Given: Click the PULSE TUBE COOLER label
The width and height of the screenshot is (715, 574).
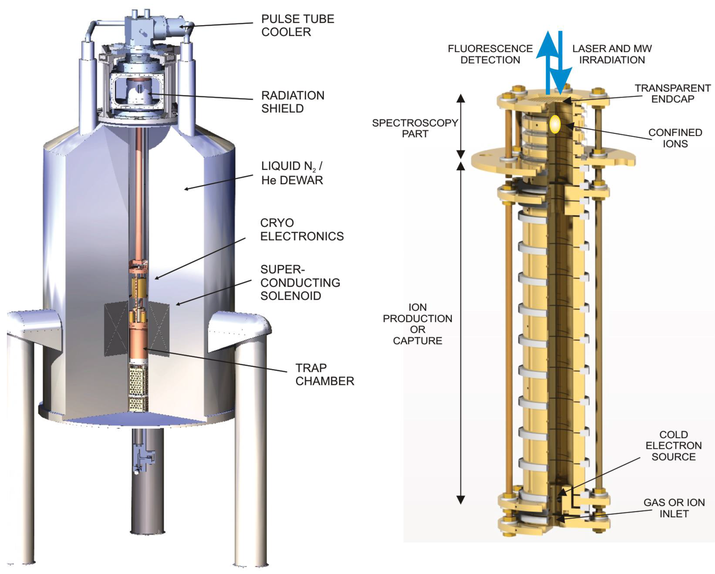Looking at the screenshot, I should pos(297,26).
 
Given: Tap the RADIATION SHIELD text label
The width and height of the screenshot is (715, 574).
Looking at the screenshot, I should pos(293,102).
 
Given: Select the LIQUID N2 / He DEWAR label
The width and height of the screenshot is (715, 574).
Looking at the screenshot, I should pos(292,173).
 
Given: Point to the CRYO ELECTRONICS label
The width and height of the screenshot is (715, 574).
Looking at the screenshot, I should pos(302,229).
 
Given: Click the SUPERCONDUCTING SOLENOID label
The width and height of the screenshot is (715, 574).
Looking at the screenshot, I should pos(300,282).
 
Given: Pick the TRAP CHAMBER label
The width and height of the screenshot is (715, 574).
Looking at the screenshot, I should pos(324,374).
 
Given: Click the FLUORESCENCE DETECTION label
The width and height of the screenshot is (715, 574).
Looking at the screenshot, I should pos(490,54).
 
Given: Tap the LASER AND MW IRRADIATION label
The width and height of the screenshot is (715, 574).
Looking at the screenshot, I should pos(612,54).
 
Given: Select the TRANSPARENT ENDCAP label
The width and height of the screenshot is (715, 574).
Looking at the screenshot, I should pos(672,93).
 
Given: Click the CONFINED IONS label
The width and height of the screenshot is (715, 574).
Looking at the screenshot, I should pos(675,138).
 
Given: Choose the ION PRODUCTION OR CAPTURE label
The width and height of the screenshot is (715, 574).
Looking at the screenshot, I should pos(418,324).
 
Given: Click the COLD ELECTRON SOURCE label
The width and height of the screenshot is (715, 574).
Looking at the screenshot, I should pos(674,445).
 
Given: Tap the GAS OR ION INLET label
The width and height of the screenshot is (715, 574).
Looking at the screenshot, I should pos(674,508).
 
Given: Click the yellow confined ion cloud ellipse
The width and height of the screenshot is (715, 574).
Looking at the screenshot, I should pos(555,125).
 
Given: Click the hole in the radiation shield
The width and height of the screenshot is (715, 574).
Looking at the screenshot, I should pos(140,88).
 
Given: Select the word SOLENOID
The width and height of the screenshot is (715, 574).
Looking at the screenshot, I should pos(291,296).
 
